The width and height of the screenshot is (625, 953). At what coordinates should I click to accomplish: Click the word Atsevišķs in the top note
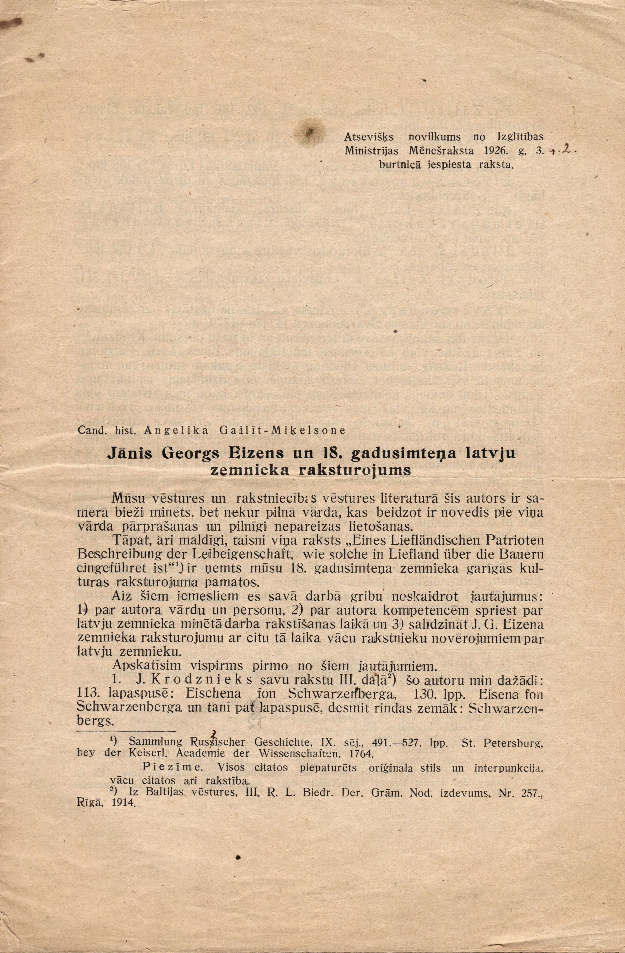click(369, 138)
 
